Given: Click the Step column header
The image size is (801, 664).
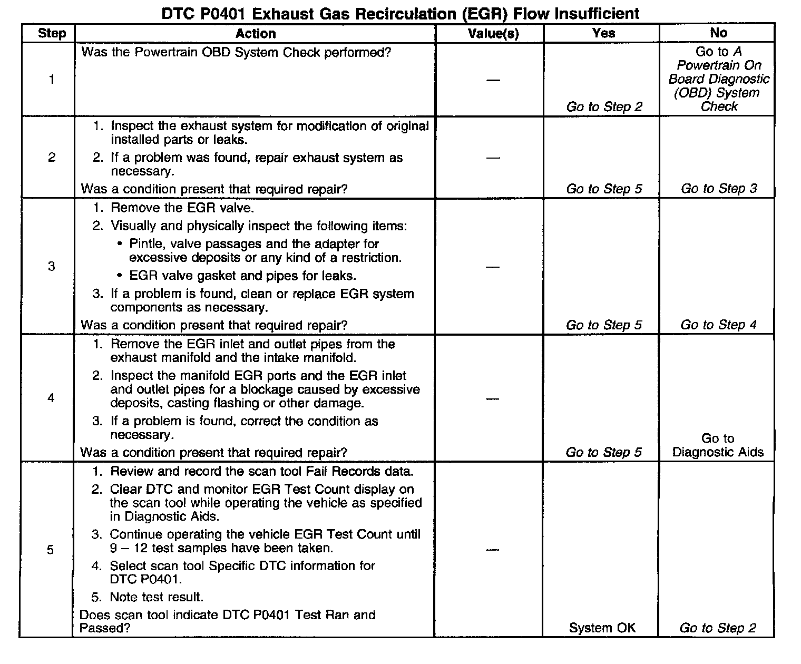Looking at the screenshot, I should (52, 33).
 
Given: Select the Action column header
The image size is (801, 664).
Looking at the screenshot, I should (256, 33).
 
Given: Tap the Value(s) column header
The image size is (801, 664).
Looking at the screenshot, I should (493, 33).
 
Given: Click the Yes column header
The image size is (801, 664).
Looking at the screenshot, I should (603, 33).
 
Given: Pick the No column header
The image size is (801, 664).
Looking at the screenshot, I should (718, 33).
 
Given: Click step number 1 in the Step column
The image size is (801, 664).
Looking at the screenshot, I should (52, 80).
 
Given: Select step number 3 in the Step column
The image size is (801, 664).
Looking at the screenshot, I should (51, 266).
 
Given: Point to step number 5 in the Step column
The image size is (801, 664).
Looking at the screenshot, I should (50, 550).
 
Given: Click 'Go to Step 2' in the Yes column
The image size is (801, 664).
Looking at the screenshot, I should (604, 107).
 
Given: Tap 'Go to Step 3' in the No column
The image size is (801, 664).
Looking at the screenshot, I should (719, 189).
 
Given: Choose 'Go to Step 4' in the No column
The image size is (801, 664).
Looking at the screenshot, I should (718, 325).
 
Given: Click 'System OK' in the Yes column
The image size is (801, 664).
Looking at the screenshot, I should (602, 628).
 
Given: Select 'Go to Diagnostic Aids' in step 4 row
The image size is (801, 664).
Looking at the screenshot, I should (718, 445).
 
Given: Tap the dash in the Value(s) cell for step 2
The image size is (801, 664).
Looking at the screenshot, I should (493, 158).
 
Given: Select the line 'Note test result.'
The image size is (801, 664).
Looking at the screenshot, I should (157, 597).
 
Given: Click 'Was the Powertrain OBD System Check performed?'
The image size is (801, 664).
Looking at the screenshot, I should (236, 53).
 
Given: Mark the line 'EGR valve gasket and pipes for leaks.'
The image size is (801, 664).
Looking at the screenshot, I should (242, 276).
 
